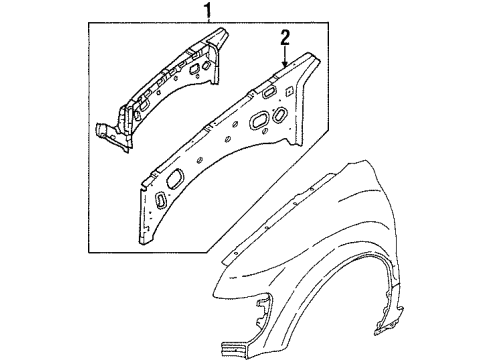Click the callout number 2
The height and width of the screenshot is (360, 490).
pyautogui.click(x=285, y=38)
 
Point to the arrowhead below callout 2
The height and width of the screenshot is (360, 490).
pyautogui.click(x=285, y=64)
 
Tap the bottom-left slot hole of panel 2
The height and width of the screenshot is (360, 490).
pyautogui.click(x=159, y=200)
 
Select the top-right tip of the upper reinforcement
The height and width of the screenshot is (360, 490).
pyautogui.click(x=221, y=37)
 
